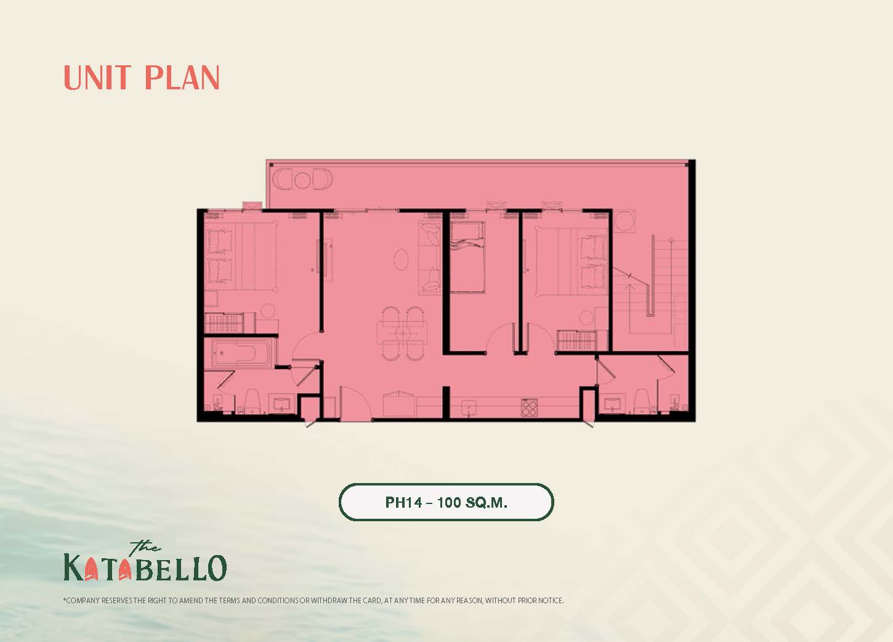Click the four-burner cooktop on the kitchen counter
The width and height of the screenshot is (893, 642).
[530, 407]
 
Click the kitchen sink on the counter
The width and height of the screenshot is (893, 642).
[469, 408]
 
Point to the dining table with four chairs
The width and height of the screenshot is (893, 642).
[402, 332]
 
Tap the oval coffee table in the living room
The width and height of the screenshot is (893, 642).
[401, 259]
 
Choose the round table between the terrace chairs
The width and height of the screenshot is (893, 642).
[302, 179]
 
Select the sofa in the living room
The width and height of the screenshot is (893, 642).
[430, 258]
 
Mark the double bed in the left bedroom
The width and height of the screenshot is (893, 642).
[241, 257]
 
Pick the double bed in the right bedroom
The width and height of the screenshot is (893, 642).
[571, 262]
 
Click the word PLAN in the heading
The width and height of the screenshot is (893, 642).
[182, 78]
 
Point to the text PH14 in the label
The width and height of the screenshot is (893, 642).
[403, 502]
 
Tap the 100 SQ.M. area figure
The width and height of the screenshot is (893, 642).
[472, 502]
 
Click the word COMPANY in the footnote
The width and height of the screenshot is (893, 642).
[83, 601]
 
